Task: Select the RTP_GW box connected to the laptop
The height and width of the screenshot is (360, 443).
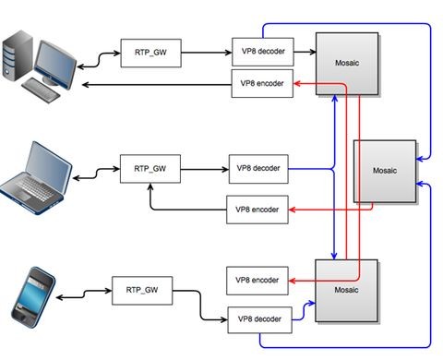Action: point(150,169)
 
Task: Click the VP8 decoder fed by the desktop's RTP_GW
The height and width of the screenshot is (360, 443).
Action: point(261,51)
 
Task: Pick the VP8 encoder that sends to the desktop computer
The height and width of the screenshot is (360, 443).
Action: point(261,85)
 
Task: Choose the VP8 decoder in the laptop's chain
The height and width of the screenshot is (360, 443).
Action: point(258,169)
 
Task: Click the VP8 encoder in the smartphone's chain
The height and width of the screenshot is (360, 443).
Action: point(257,279)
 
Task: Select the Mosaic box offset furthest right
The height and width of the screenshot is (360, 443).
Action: point(385,172)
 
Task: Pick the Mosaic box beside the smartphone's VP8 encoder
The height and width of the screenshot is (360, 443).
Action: point(346,291)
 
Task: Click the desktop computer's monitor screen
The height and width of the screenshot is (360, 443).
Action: point(55,61)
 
